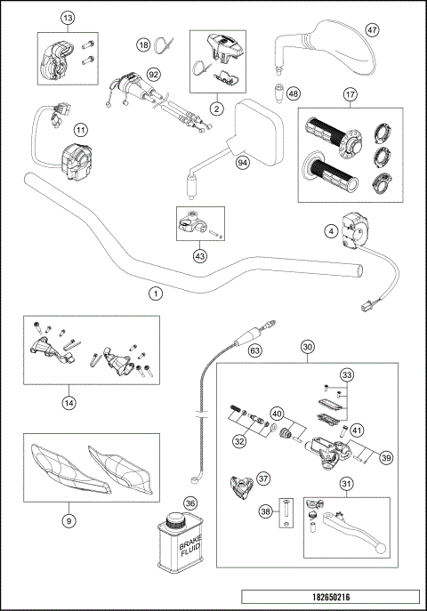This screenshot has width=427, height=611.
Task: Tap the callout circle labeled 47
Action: point(373,29)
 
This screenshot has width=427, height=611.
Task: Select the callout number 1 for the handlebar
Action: point(156,292)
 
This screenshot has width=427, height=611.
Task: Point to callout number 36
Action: point(189,502)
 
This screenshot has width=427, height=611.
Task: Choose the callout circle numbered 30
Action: point(308,348)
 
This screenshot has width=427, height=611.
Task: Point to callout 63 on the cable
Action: point(254,351)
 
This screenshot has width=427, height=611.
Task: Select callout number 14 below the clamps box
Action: point(68,402)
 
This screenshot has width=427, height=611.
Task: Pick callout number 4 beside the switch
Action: point(330,230)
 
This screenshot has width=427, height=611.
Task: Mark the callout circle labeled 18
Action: point(142,44)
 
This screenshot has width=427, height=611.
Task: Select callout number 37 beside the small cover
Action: point(262,478)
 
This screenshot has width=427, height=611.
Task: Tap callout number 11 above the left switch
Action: point(81,130)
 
